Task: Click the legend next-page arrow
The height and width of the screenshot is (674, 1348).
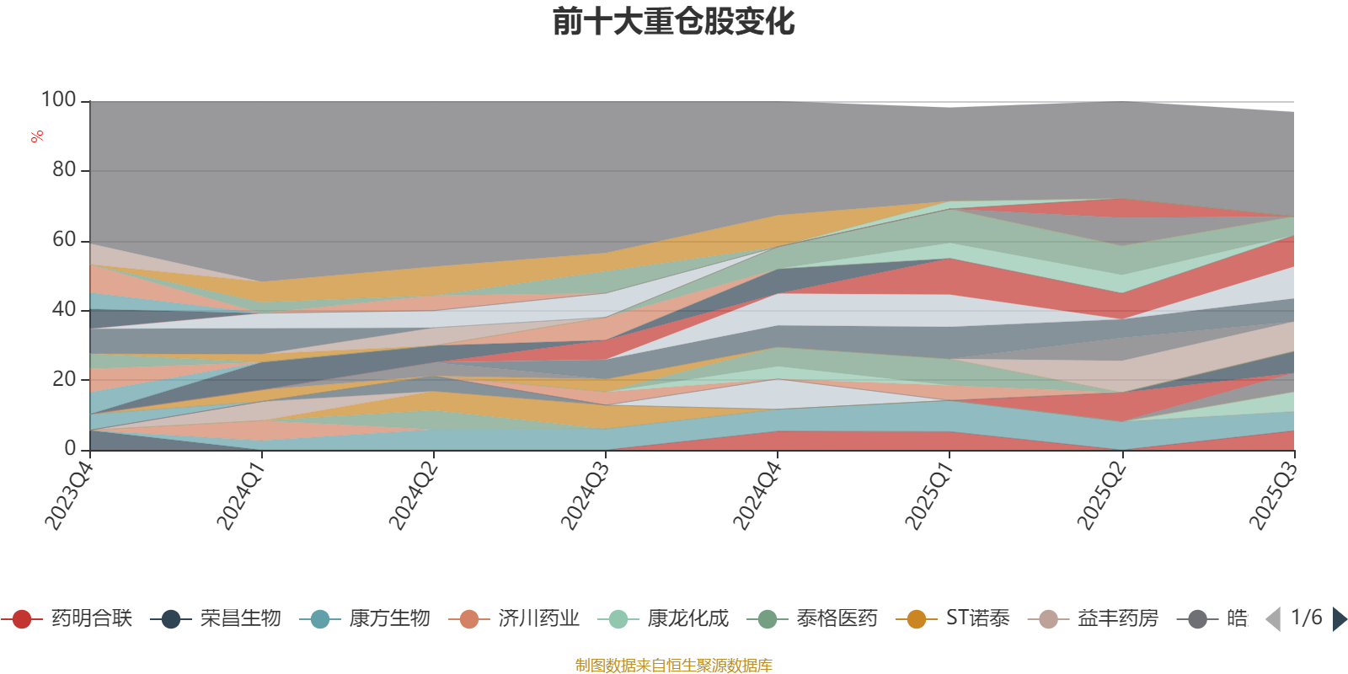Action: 1339,619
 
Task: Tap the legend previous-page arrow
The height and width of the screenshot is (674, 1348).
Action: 1273,619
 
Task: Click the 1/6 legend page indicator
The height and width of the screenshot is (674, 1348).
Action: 1306,618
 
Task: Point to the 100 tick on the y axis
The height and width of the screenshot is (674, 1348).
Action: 59,100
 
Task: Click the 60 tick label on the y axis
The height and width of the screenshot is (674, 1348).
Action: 64,240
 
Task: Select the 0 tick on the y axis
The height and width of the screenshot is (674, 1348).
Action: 71,449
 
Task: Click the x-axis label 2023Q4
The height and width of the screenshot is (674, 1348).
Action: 68,491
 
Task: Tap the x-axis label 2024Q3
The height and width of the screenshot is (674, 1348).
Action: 584,491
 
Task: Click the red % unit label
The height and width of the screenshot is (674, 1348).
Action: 37,136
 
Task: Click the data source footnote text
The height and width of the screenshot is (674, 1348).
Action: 673,666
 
